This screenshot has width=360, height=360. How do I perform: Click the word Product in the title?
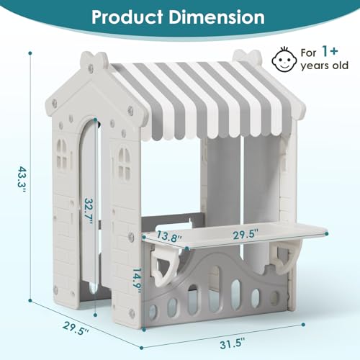(x=127, y=17)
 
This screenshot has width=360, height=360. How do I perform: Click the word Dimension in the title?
(x=217, y=17)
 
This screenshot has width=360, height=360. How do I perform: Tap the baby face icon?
(x=284, y=60)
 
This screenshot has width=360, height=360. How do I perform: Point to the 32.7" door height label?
(x=88, y=212)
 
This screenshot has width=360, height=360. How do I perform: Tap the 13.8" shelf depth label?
(x=168, y=237)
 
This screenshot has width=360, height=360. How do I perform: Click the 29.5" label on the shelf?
(x=246, y=234)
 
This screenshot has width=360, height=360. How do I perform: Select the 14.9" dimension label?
(x=138, y=280)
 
